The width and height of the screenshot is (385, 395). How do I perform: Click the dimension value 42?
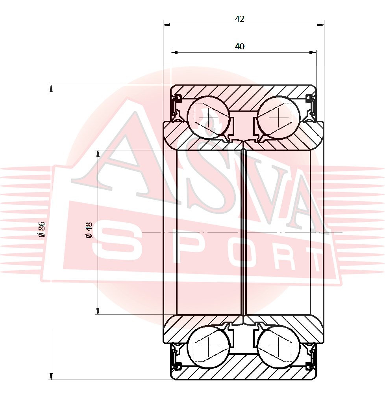[239, 19]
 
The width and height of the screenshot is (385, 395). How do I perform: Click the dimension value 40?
[239, 46]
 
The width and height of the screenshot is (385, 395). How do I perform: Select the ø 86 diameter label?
[41, 229]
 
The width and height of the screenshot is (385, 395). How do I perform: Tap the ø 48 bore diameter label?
[89, 230]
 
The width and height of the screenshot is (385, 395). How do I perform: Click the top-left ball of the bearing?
[209, 117]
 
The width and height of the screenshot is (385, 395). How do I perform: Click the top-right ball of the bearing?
[279, 117]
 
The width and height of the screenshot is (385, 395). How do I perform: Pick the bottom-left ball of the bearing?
[209, 346]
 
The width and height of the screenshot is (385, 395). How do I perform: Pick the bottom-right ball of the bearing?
[279, 346]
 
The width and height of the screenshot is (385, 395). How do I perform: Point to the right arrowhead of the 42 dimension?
[321, 25]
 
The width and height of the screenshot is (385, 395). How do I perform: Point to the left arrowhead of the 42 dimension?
[167, 25]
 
